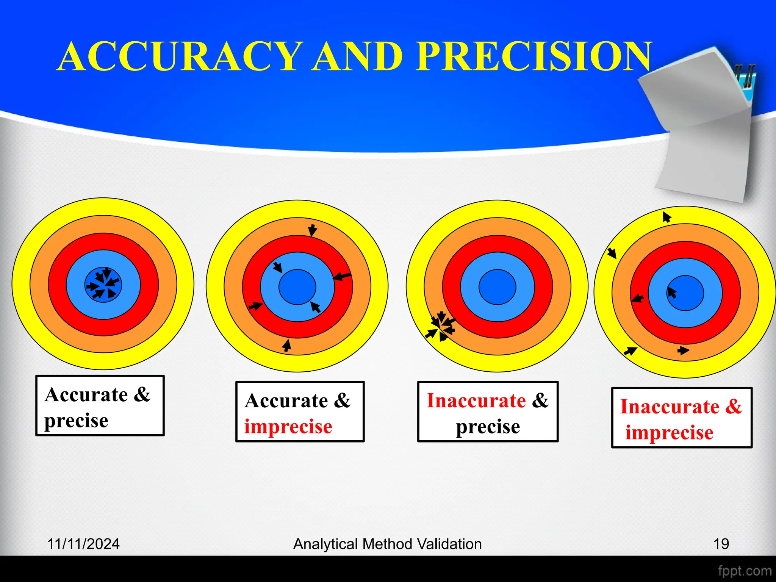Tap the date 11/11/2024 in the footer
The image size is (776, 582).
click(83, 544)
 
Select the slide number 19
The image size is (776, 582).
click(721, 544)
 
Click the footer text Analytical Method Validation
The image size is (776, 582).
click(387, 544)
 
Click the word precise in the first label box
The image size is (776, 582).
click(76, 421)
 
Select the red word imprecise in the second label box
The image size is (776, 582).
click(288, 427)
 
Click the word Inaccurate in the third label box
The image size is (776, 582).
click(476, 401)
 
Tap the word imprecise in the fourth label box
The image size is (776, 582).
click(669, 433)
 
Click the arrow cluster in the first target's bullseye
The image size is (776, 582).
click(103, 285)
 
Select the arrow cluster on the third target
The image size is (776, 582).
click(441, 326)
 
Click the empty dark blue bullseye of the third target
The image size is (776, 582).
click(497, 287)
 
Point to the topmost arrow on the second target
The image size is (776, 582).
click(312, 230)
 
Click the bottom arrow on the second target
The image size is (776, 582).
click(287, 345)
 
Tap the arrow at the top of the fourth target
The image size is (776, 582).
click(666, 217)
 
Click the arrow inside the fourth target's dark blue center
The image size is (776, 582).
click(672, 293)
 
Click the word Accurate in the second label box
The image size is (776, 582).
click(286, 401)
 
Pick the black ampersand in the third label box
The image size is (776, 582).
click(540, 401)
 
